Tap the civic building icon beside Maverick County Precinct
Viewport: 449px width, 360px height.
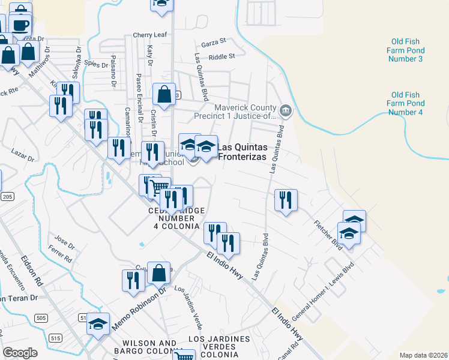pos(286,110)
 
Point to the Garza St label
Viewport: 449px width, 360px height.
pos(214,42)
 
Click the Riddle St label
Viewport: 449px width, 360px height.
pos(221,57)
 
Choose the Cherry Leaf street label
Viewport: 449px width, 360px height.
pos(150,35)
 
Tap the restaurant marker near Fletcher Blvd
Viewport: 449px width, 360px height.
pos(286,199)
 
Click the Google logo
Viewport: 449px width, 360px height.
pos(20,353)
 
